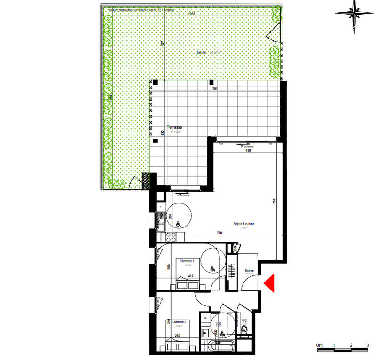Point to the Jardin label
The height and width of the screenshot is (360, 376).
point(202,53)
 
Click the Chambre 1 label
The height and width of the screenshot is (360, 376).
point(187,261)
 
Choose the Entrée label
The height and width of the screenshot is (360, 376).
point(249,271)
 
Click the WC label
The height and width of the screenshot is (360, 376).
point(244,321)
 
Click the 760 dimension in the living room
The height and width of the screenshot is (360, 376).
point(219,233)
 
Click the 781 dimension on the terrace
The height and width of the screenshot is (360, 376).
point(215,89)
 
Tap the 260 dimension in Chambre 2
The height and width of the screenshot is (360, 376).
point(178,336)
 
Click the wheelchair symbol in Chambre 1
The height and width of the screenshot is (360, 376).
point(212,269)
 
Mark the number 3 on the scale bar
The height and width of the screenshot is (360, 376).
point(368,345)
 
